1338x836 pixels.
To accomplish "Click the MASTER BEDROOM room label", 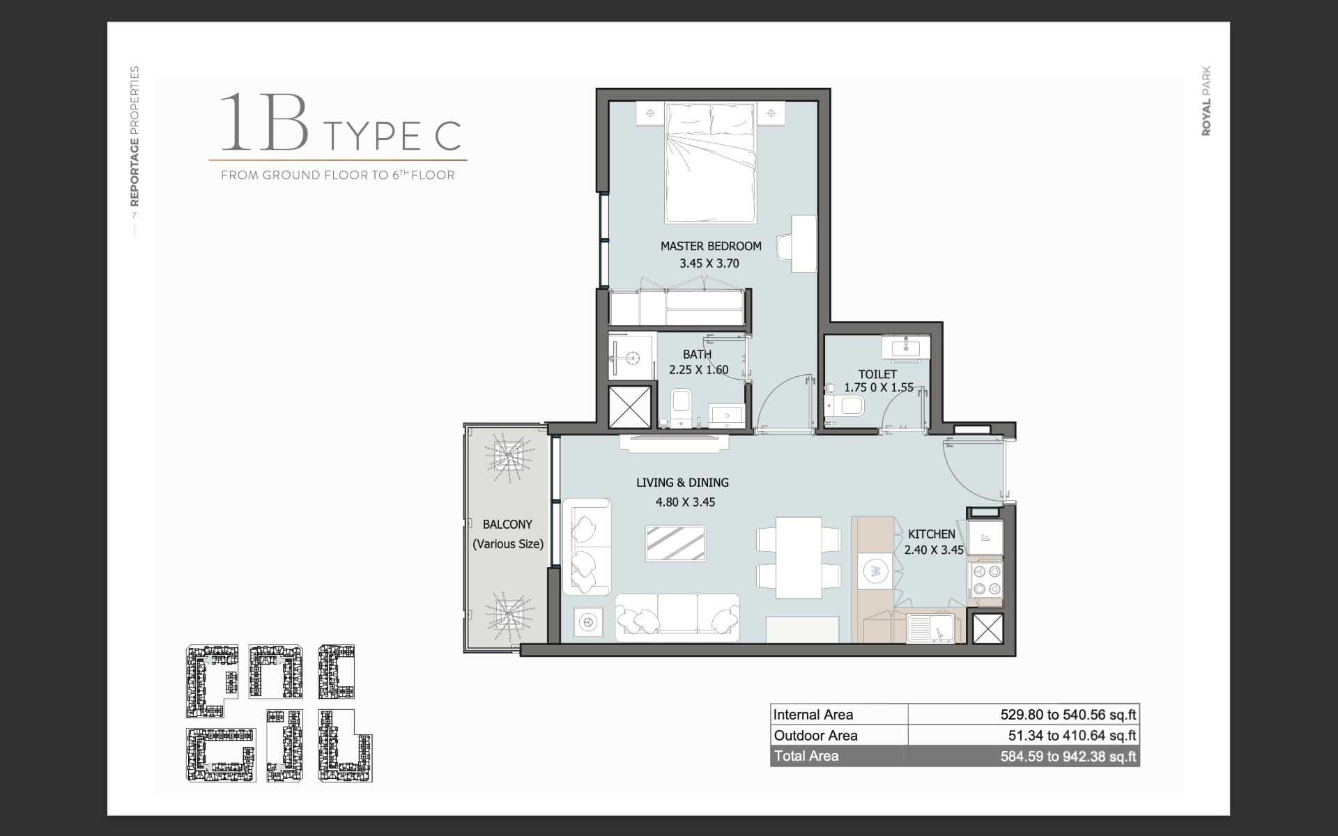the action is pos(711,246).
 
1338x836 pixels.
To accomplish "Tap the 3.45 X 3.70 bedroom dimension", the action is pos(709,263).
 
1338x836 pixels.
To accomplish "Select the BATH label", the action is pos(697,355).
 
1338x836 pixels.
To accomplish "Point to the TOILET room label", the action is pos(877,374).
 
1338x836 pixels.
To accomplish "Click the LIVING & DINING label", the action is pos(682,482).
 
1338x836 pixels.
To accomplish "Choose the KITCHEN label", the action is pos(931,534).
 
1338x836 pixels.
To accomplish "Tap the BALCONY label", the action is pos(507,525).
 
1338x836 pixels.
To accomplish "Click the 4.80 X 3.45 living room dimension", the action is pos(685,502).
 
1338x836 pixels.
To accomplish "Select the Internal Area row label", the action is pos(813,714).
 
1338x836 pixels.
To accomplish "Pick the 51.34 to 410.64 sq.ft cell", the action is pos(1072,735).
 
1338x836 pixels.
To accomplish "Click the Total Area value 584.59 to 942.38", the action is pos(1068,756).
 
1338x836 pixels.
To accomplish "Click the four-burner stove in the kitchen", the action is pos(985,580).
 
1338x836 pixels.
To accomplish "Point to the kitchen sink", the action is pos(934,628).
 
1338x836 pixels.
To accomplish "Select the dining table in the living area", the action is pos(799,557).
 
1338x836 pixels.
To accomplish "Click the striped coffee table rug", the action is pos(675,543).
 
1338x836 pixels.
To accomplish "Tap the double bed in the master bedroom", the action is pos(710,163).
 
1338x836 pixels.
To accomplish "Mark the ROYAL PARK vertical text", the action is pos(1206,101).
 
